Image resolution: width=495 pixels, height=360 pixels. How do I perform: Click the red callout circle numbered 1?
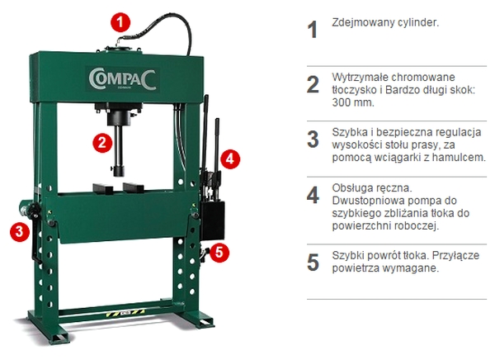[x=120, y=22]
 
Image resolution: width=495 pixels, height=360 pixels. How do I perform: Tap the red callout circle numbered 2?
[x=102, y=143]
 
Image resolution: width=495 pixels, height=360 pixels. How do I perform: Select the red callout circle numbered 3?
[x=20, y=232]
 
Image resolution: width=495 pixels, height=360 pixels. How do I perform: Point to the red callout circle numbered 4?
[x=230, y=159]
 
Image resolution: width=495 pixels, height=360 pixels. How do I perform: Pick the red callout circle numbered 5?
[x=219, y=252]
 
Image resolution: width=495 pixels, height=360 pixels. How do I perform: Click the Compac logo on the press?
[x=122, y=79]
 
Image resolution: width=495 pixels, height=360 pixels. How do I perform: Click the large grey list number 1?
[x=312, y=30]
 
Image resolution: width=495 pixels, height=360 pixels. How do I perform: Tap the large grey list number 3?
[x=313, y=139]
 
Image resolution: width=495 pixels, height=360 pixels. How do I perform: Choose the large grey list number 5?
[x=313, y=262]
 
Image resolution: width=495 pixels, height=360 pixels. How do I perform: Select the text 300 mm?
[x=353, y=102]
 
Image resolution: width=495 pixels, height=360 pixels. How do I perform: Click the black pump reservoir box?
[x=213, y=220]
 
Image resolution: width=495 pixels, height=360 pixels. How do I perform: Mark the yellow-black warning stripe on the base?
[x=125, y=314]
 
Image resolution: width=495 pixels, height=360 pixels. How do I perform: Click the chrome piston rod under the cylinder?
[x=120, y=144]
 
